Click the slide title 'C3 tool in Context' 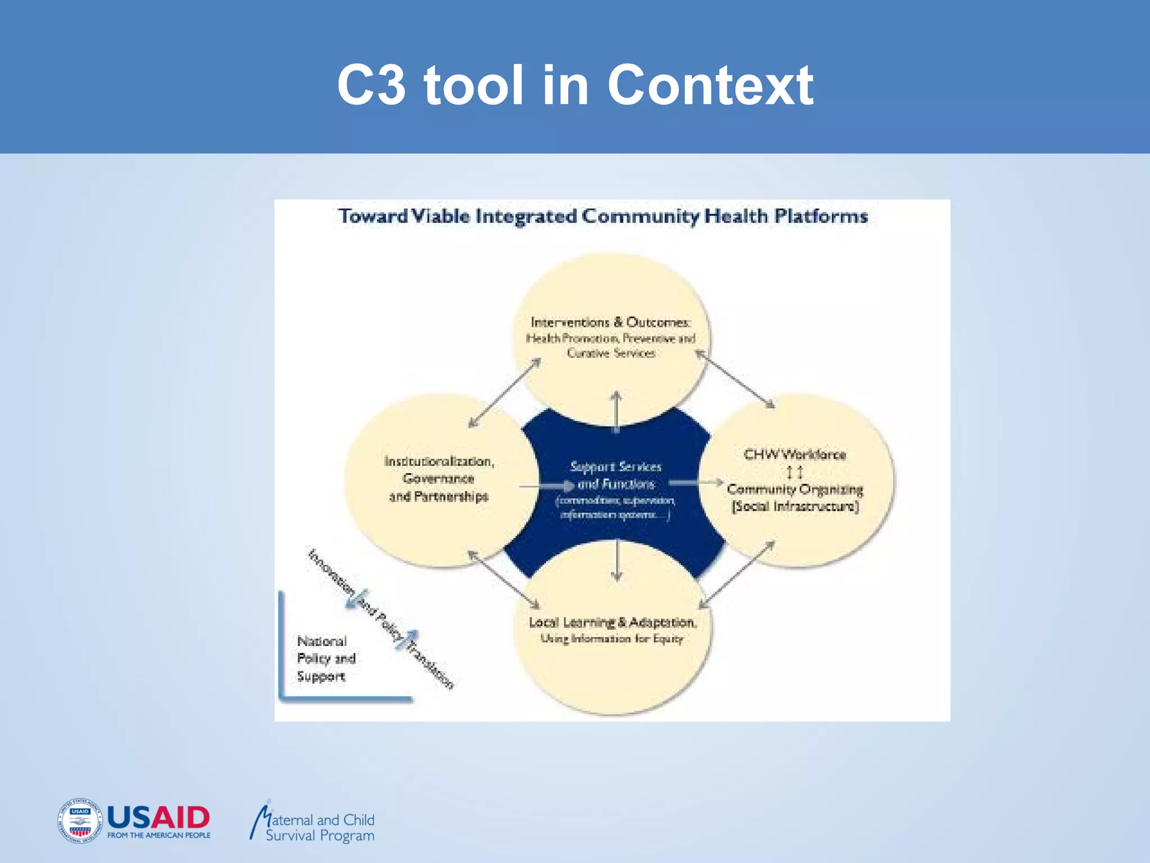coord(575,85)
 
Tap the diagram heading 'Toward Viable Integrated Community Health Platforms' coord(603,216)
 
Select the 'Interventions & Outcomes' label coord(610,323)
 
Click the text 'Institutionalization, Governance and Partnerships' coord(439,479)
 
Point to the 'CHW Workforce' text coord(795,455)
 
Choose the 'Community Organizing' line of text coord(795,489)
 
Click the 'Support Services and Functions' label coord(616,475)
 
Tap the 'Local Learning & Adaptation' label coord(613,623)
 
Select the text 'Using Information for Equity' coord(611,639)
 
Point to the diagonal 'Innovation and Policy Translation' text coord(381,619)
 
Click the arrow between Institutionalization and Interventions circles coord(504,393)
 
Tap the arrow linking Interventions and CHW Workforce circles coord(735,379)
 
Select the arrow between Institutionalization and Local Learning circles coord(504,580)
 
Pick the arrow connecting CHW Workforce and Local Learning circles coord(737,574)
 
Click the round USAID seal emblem coord(80,821)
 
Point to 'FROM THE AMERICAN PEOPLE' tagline coord(159,835)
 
